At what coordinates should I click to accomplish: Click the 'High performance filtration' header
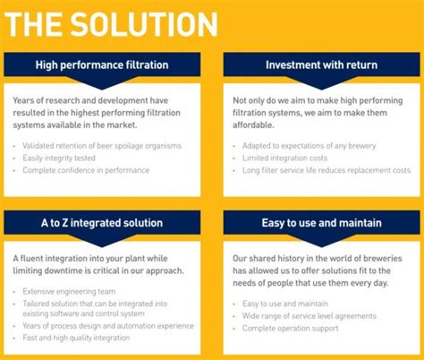102,64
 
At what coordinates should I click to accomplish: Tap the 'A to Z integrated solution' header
100,221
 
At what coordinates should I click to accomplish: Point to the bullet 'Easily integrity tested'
61,158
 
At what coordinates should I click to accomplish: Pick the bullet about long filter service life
326,169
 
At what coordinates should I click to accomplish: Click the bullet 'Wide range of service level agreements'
310,316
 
